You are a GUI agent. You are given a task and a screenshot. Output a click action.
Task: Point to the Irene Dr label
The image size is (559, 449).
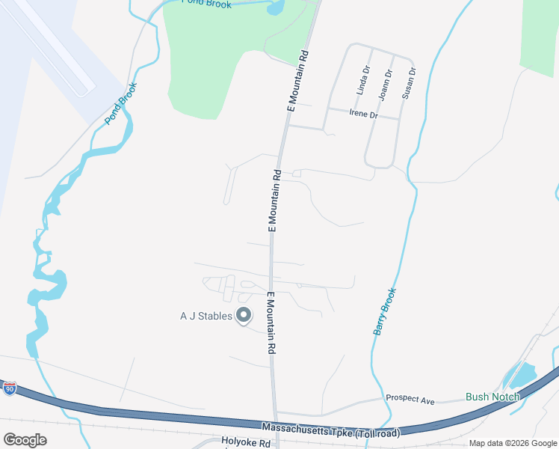tap(364, 114)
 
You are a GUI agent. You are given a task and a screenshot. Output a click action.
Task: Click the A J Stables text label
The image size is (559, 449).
tap(206, 316)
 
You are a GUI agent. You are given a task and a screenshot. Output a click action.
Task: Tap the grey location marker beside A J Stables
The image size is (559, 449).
tap(244, 316)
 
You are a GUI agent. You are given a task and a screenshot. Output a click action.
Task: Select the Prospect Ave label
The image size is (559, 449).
tap(410, 401)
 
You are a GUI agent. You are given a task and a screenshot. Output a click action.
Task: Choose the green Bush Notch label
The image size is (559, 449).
tap(492, 397)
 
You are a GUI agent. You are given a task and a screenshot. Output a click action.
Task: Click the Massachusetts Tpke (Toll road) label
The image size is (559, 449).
tap(330, 430)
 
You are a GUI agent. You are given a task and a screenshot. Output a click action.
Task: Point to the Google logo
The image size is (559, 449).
tap(25, 440)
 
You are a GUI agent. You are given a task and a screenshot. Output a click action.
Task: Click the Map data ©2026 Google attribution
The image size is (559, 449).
tap(513, 443)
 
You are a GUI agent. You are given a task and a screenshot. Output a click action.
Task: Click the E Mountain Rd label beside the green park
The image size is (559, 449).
tap(295, 82)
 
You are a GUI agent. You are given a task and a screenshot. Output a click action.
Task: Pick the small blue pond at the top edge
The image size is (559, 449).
tap(274, 8)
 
